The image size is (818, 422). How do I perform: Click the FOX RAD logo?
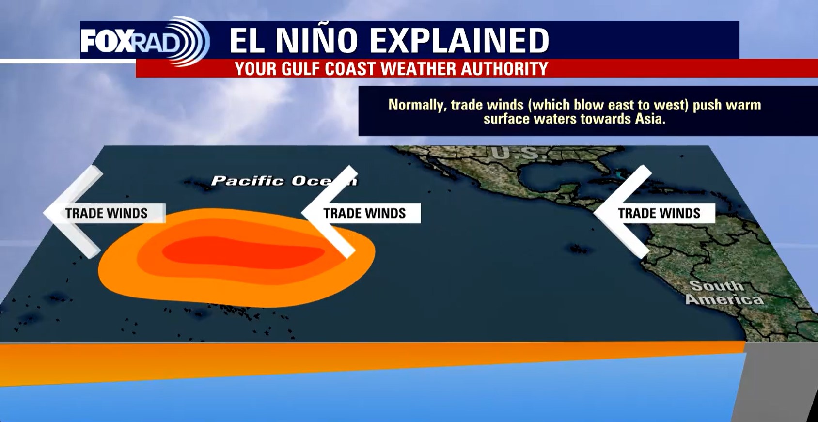(144, 41)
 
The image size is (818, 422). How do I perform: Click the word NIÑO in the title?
(316, 40)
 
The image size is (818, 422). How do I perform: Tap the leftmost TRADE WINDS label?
(106, 213)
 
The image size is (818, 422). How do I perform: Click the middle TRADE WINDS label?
(364, 213)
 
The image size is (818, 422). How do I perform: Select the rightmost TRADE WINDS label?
(659, 213)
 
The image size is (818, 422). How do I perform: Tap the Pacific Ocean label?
(283, 181)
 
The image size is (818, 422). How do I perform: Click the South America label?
(724, 293)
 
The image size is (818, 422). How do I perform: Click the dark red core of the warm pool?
(242, 252)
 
